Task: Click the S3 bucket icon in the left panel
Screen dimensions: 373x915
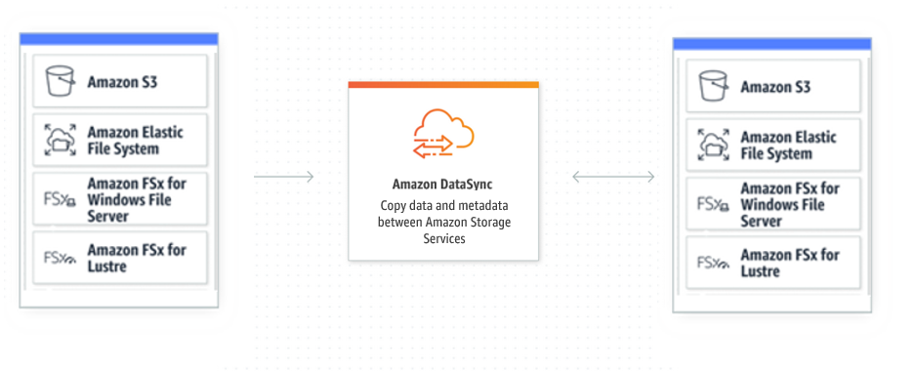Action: (60, 82)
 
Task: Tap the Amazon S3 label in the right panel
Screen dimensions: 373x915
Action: (776, 87)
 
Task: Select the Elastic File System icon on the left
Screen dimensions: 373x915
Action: (60, 141)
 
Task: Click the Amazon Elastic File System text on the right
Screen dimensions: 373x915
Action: (789, 145)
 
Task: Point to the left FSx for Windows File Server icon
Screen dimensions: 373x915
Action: (60, 200)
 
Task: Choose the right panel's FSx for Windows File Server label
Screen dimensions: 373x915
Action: (789, 204)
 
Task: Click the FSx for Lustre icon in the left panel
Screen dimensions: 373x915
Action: (60, 259)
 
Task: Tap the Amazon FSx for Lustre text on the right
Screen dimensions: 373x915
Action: (789, 263)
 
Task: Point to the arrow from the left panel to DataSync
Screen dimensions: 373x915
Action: (283, 177)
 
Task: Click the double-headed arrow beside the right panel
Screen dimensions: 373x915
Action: (613, 177)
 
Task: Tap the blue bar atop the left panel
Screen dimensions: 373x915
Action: (119, 39)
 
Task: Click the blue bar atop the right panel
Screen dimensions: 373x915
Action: (771, 44)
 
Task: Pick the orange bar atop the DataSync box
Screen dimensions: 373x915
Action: (443, 85)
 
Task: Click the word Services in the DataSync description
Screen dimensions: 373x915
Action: (443, 238)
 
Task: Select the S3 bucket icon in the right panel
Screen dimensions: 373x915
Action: (714, 87)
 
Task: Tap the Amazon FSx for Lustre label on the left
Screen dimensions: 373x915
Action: (137, 259)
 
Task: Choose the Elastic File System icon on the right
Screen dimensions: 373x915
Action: (714, 145)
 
